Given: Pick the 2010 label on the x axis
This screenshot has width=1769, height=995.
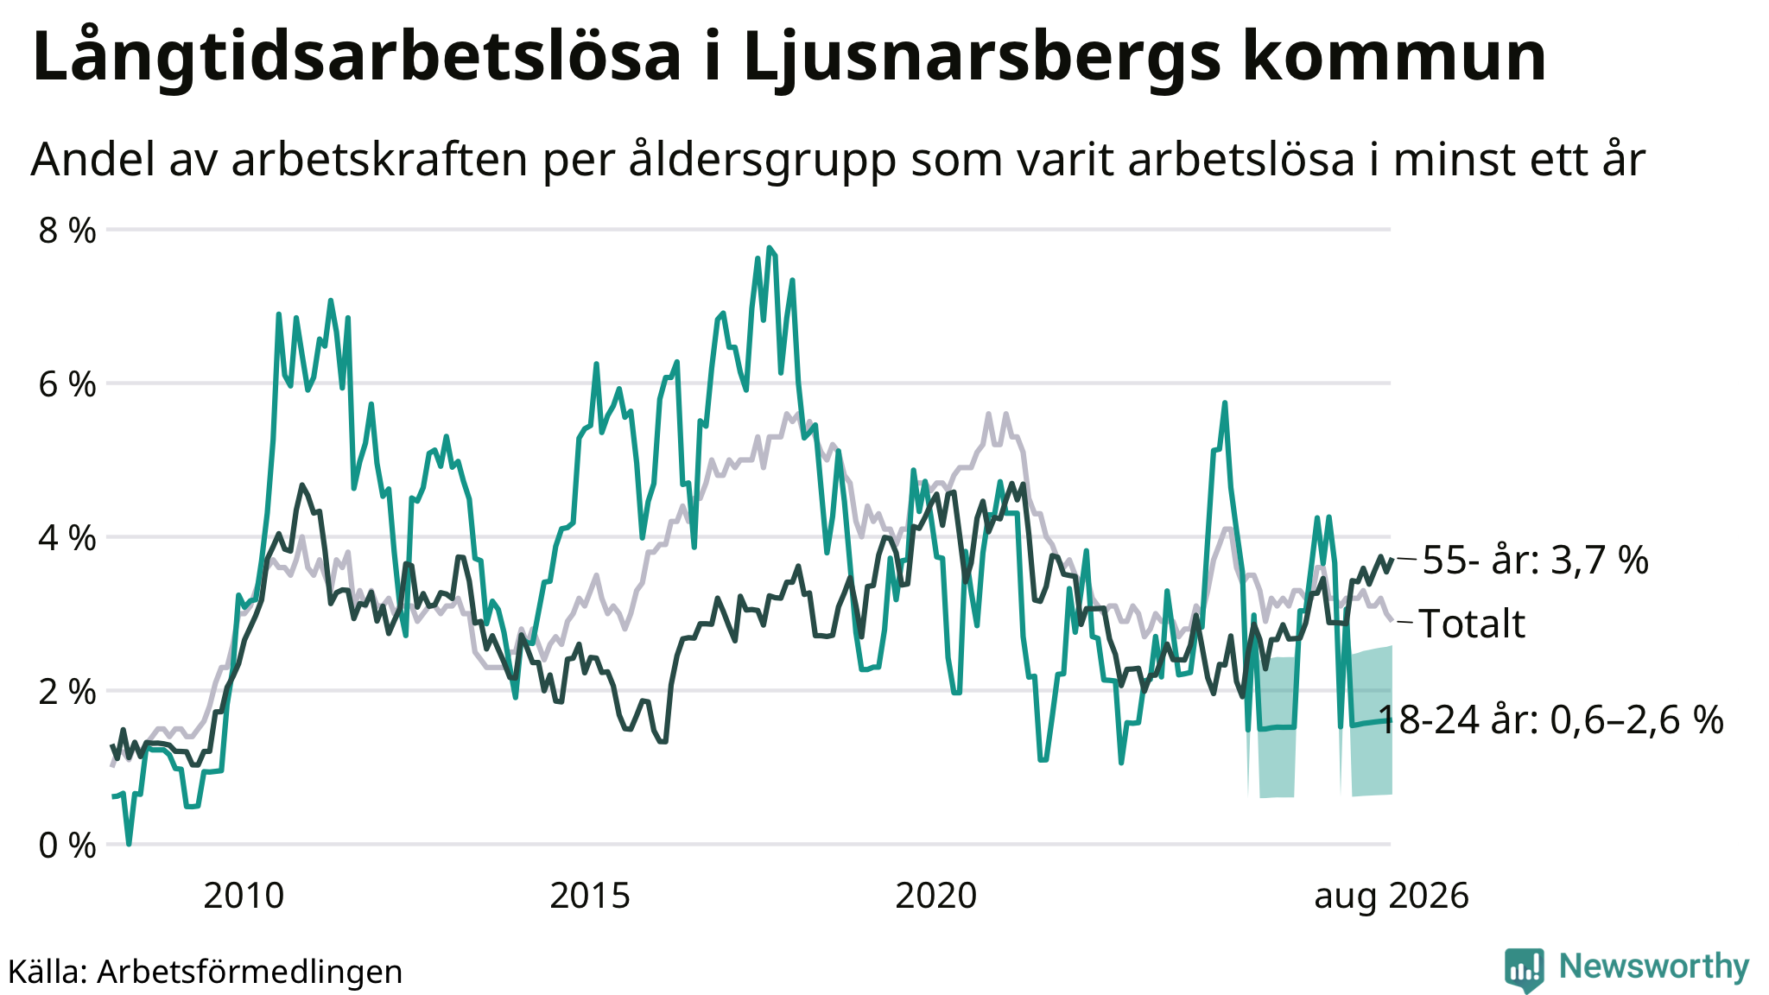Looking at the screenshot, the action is [x=244, y=897].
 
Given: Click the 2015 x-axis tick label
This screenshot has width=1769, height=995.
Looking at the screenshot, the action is [x=590, y=897].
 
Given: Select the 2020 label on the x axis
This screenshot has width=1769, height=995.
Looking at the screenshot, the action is [x=936, y=897].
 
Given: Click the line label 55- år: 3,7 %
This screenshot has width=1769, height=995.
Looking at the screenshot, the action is [x=1535, y=561].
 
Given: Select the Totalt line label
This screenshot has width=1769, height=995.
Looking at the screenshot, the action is [x=1472, y=624].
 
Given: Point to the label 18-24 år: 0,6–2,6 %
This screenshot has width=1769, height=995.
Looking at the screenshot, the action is [x=1550, y=719].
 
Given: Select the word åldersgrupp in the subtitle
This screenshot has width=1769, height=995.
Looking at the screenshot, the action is [x=763, y=161].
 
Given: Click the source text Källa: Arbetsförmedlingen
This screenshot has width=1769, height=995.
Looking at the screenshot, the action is [x=206, y=972].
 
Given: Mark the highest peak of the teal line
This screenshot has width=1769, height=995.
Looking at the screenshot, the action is [x=769, y=248].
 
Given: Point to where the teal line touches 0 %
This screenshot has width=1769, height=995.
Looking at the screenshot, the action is [x=129, y=843].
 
